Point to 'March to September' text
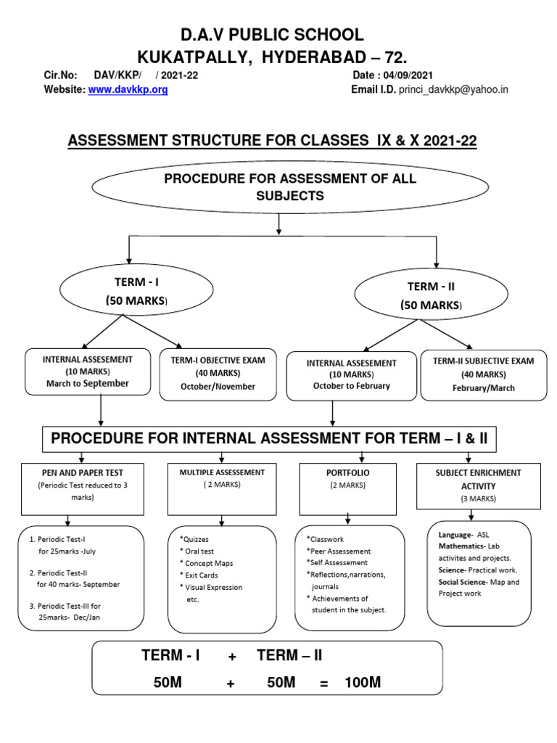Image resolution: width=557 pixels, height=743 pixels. point(88,383)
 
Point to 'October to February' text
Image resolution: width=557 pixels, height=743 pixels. point(351,386)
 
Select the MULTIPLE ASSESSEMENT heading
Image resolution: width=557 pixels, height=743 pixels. point(213,472)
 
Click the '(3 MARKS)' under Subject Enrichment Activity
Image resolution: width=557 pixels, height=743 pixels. point(477,498)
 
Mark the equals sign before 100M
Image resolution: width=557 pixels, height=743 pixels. point(323,682)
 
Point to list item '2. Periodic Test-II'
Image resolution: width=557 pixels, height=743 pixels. point(60,572)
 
